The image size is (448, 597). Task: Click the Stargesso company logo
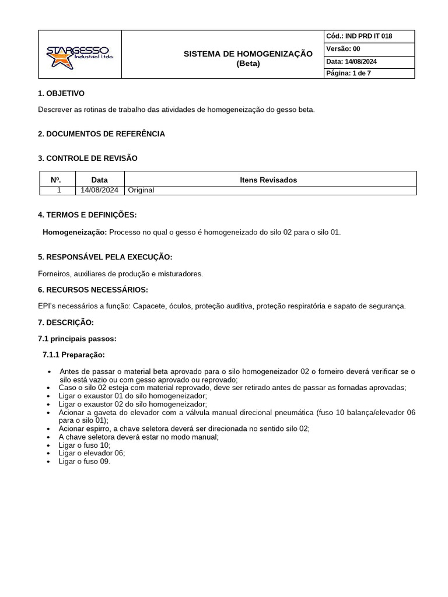pos(80,54)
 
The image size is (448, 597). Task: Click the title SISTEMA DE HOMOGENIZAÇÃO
pos(248,54)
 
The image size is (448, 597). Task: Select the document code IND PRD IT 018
pos(369,36)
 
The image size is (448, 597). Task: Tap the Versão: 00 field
pos(344,49)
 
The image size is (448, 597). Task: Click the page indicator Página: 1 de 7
pos(349,73)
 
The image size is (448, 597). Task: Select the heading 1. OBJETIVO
pos(61,93)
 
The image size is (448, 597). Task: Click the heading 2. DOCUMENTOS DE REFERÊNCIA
pos(101,134)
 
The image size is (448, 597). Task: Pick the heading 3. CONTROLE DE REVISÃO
pos(88,158)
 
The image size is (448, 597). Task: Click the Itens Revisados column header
pos(268,180)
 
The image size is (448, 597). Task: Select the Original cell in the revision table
pos(141,190)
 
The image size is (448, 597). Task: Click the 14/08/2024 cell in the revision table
pos(100,190)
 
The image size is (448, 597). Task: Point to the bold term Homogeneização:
pos(75,232)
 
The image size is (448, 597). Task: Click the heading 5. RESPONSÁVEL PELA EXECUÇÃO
pos(105,257)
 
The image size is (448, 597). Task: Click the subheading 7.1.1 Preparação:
pos(74,355)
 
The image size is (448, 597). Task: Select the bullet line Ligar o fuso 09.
pos(85,461)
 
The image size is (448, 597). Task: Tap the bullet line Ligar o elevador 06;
pos(92,453)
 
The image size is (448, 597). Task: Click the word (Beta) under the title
pos(248,64)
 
